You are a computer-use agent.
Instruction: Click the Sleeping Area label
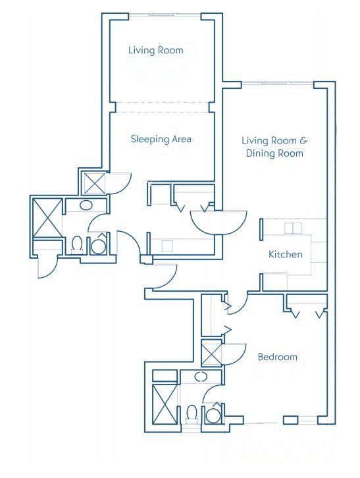coord(161,140)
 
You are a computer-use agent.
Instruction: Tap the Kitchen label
coord(286,254)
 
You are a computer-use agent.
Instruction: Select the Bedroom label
coord(277,357)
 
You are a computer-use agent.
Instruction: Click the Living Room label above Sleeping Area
coord(156,50)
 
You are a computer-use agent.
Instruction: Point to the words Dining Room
coord(274,153)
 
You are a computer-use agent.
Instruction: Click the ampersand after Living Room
coord(303,140)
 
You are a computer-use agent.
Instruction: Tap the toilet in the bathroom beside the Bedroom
coord(192,413)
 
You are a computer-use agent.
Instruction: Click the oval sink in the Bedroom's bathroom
coord(201,377)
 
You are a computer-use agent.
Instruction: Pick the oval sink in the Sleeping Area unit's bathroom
coord(86,205)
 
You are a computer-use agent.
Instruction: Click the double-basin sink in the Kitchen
coord(293,228)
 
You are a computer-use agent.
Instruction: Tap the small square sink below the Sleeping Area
coord(167,246)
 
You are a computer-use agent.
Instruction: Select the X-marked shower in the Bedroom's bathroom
coord(165,404)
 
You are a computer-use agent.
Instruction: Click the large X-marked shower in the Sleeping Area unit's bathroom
coord(47,218)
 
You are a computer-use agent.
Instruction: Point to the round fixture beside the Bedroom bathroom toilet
coord(213,415)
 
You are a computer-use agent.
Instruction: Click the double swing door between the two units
coord(219,222)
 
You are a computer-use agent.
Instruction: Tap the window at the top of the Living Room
coord(165,14)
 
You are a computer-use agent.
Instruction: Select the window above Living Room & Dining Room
coord(278,82)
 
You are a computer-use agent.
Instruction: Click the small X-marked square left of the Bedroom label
coord(211,353)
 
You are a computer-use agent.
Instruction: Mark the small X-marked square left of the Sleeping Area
coord(95,183)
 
